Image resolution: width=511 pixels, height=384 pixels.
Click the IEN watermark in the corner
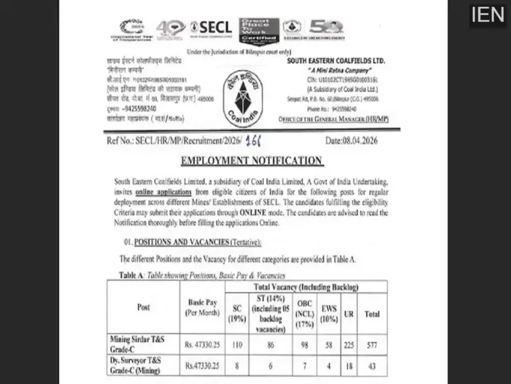point(487,15)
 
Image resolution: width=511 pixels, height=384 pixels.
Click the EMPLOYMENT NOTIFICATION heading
point(252,161)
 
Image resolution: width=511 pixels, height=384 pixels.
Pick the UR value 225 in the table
point(349,344)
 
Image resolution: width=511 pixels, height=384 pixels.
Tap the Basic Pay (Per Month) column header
point(202,307)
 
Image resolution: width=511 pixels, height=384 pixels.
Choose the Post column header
point(144,307)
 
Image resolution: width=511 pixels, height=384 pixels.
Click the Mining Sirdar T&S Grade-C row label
point(141,343)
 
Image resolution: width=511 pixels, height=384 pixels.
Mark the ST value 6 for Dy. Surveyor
point(270,365)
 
